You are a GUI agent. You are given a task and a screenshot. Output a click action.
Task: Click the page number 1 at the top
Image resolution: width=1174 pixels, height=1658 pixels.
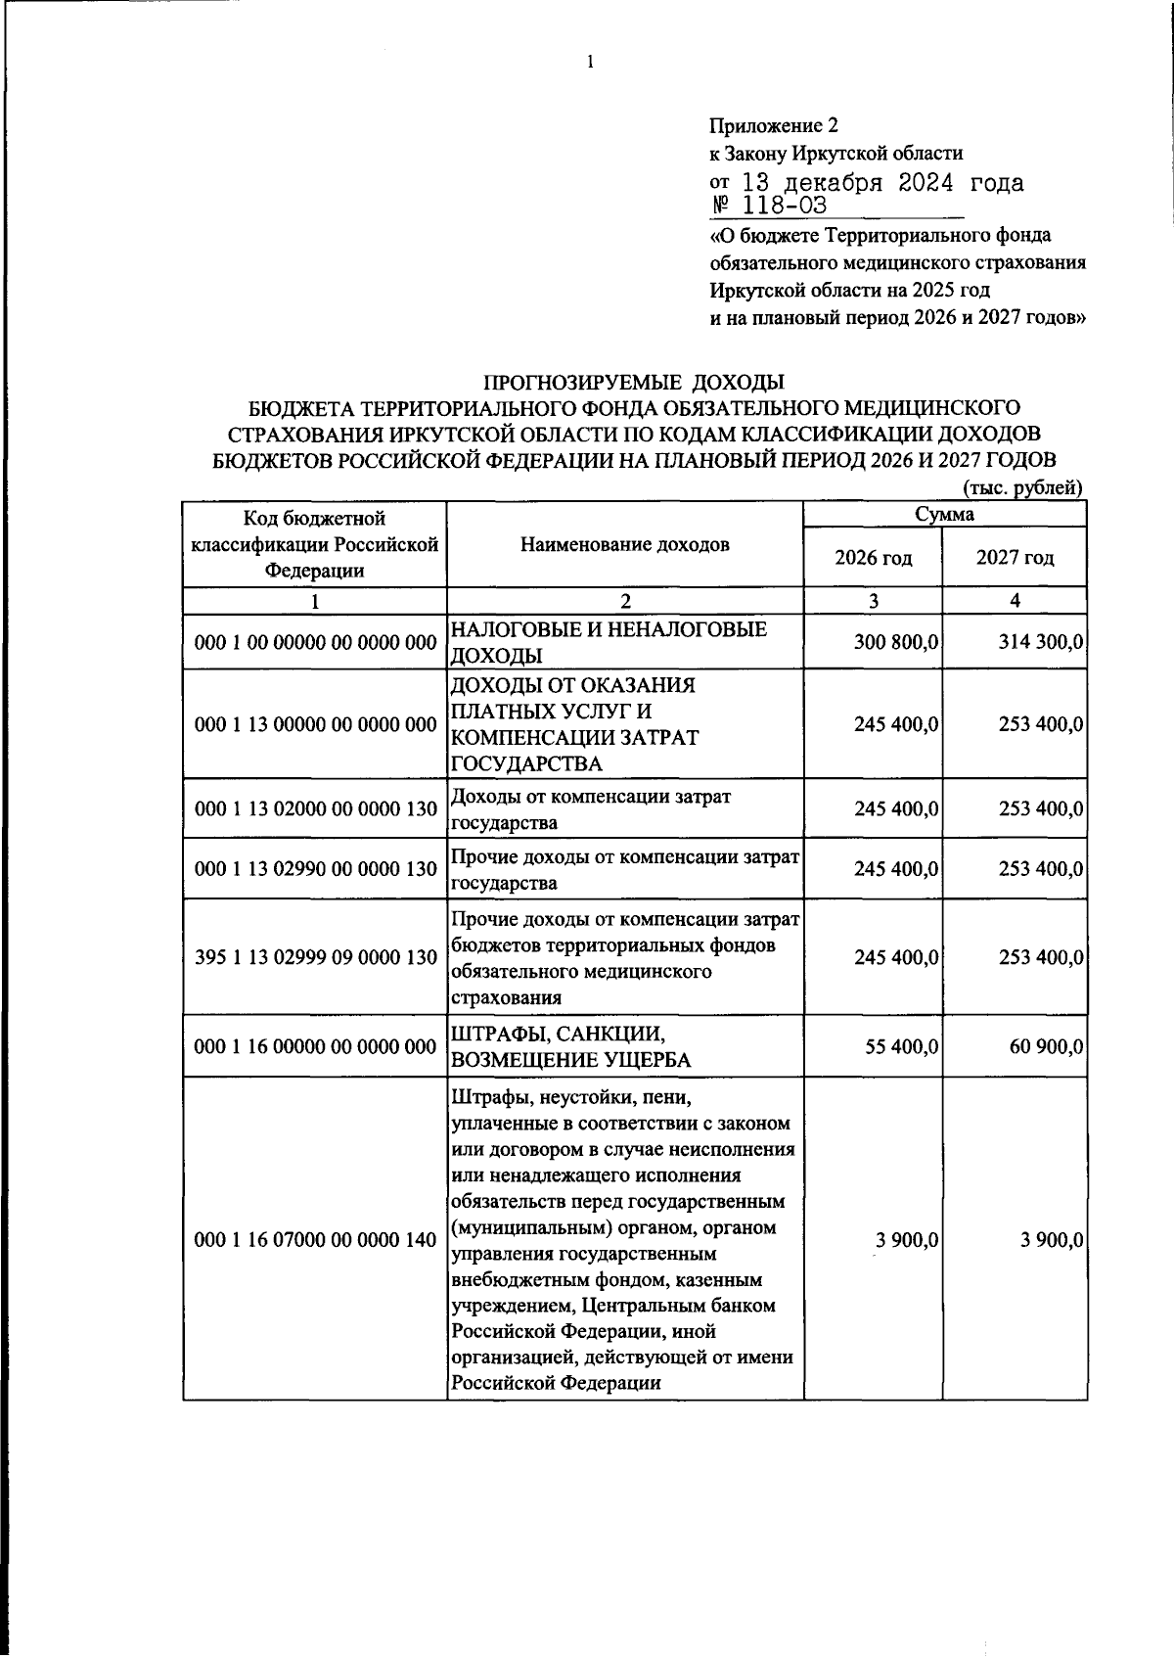pos(590,64)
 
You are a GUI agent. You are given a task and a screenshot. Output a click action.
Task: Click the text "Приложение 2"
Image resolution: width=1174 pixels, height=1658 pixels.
pos(773,125)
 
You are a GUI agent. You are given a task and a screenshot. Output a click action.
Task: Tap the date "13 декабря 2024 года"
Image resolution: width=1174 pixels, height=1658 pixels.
pos(882,183)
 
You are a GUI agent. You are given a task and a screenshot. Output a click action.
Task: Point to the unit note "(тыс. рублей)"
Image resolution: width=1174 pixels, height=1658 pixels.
pos(1023,487)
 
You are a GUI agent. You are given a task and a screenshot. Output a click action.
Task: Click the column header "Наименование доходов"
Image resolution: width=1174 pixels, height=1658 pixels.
pos(624,545)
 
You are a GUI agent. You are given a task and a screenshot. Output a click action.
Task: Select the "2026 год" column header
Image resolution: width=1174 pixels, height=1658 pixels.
pos(873,558)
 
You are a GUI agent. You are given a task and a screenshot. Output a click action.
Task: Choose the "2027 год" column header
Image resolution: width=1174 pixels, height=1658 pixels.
pos(1015,558)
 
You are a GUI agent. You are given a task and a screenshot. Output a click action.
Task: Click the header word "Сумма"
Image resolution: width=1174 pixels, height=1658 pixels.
pos(944,514)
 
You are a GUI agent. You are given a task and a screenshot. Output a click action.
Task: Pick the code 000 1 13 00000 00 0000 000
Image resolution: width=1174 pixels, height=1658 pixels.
pos(315,724)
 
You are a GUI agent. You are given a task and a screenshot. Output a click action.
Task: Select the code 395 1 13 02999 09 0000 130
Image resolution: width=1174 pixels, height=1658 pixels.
pos(315,957)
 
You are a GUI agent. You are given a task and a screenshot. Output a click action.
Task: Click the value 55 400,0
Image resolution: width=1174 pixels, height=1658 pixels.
pos(902,1046)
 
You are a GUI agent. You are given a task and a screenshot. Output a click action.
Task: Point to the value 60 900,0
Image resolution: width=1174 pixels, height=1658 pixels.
pos(1046,1046)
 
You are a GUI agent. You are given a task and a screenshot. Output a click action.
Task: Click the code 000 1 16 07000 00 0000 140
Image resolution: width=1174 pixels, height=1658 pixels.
pos(315,1240)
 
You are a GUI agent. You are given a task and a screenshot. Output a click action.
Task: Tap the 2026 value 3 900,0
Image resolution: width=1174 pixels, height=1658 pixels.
pos(907,1240)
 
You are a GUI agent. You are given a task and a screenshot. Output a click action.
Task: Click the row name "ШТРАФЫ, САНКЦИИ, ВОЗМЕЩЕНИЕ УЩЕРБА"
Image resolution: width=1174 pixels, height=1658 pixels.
pos(570,1046)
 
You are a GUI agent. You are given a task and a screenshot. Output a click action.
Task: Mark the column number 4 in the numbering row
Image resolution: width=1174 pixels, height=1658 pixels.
pos(1015,601)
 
